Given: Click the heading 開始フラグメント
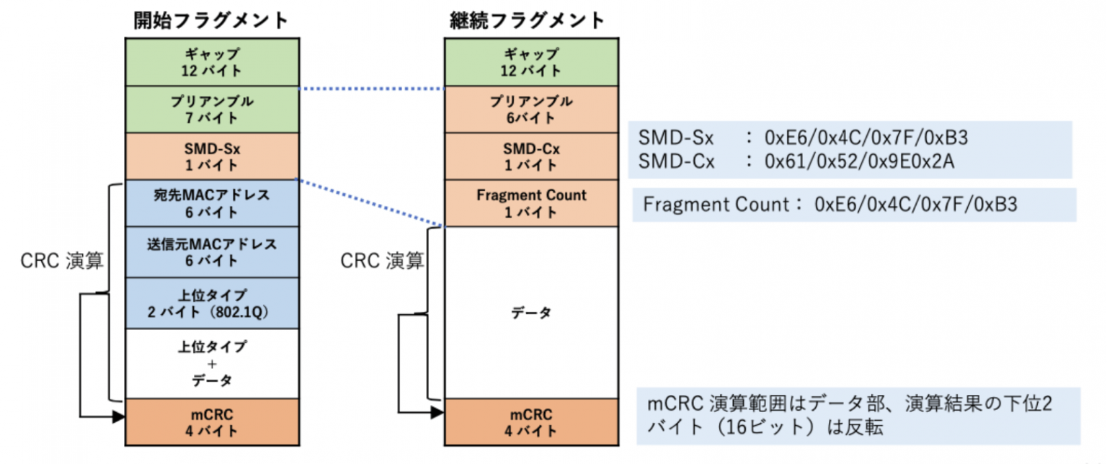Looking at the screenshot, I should point(211,20).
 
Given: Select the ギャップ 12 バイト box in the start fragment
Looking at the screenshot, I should point(211,63).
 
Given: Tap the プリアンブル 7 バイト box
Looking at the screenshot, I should point(211,110).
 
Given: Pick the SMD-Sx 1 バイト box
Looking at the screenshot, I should point(211,156).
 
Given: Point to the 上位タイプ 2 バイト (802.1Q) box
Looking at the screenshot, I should point(211,303).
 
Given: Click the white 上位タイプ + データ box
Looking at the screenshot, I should point(211,364).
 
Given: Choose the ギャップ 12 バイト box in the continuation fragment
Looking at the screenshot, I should point(530,63).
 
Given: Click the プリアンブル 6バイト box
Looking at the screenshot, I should point(530,110).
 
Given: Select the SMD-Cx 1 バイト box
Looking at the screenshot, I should point(530,156).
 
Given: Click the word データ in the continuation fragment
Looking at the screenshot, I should point(530,313).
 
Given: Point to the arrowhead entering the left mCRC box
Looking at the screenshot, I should point(120,416).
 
